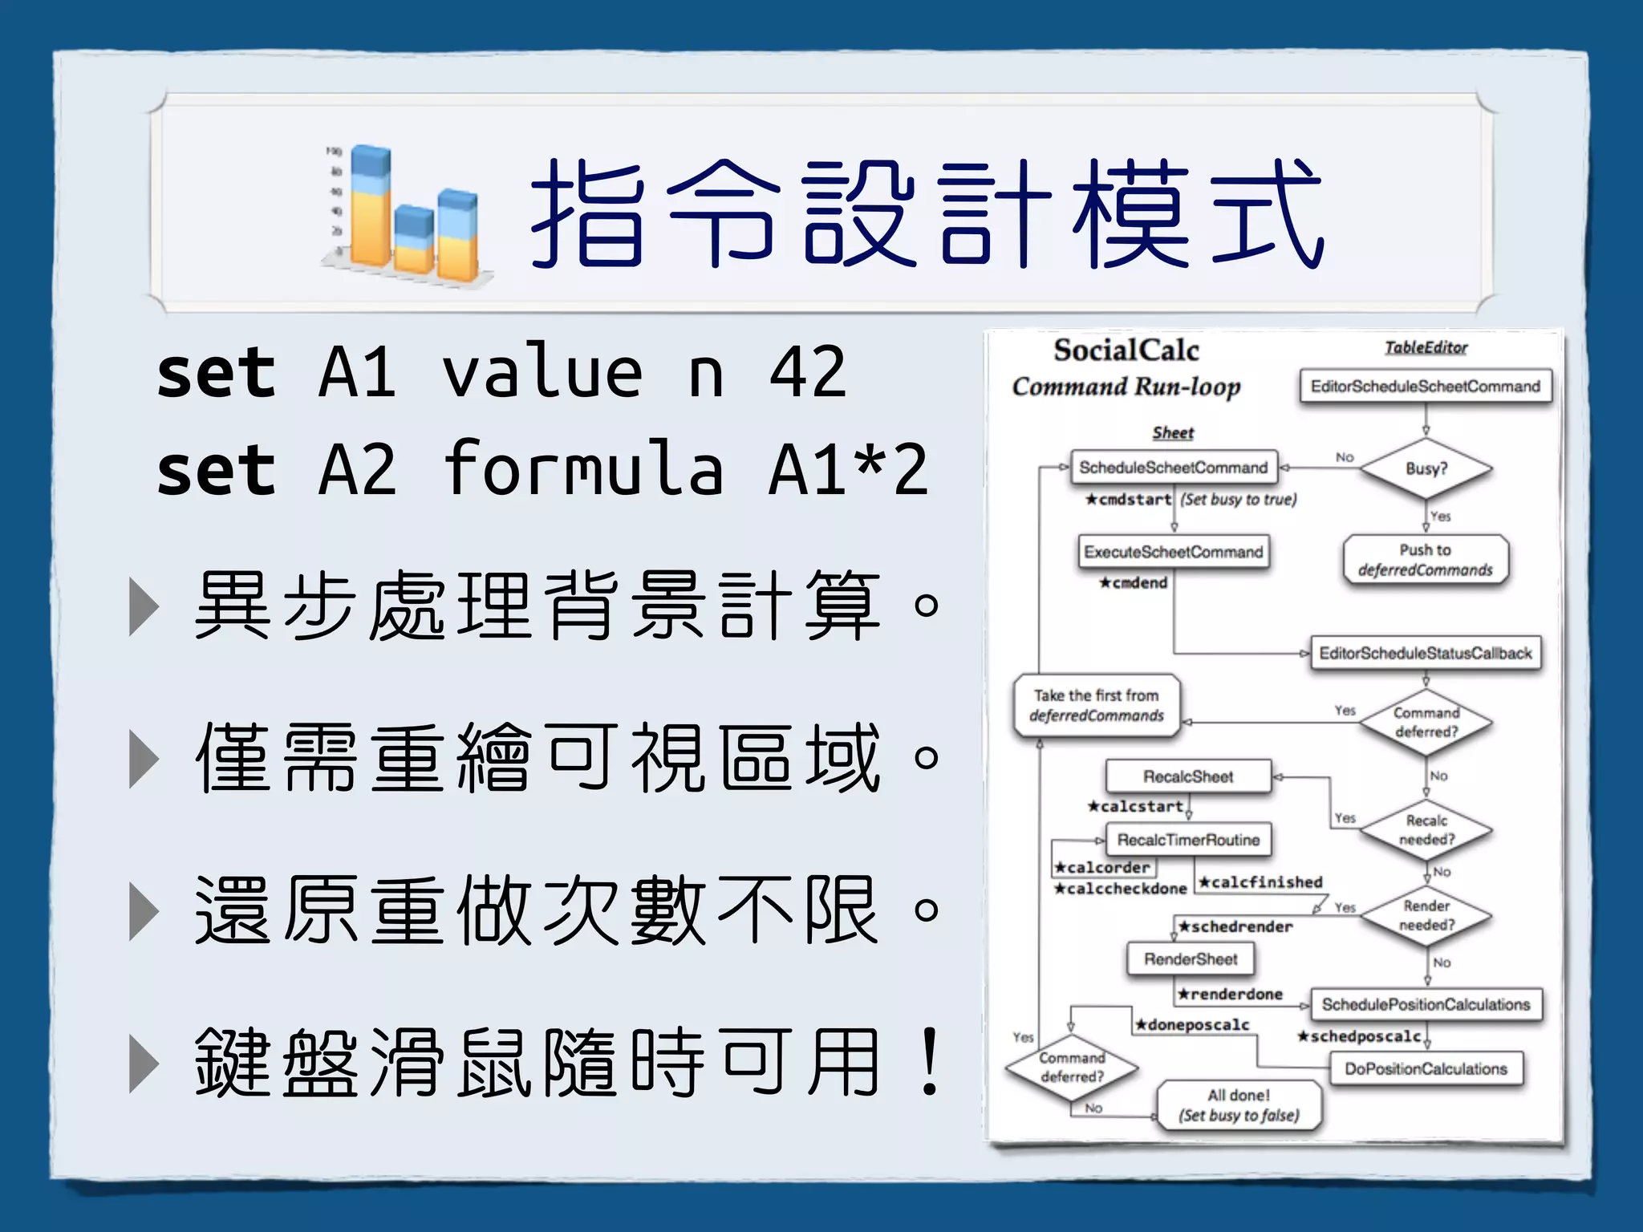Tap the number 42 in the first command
coord(807,372)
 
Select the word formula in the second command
coord(584,469)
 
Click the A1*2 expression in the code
coord(848,469)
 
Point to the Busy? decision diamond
coord(1426,468)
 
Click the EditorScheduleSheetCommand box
coord(1425,387)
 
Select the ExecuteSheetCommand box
coord(1173,552)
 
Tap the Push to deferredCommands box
coord(1425,560)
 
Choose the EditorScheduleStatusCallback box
coord(1425,653)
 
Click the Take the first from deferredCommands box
coord(1096,705)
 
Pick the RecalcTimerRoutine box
coord(1188,840)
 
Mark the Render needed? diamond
coord(1426,915)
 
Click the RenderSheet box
coord(1191,959)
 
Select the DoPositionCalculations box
coord(1426,1068)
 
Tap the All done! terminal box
coord(1239,1105)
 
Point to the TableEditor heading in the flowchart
coord(1426,347)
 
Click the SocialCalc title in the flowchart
coord(1126,351)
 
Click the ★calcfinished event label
coord(1260,882)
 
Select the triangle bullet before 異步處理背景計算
coord(144,606)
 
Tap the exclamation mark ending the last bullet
coord(929,1062)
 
